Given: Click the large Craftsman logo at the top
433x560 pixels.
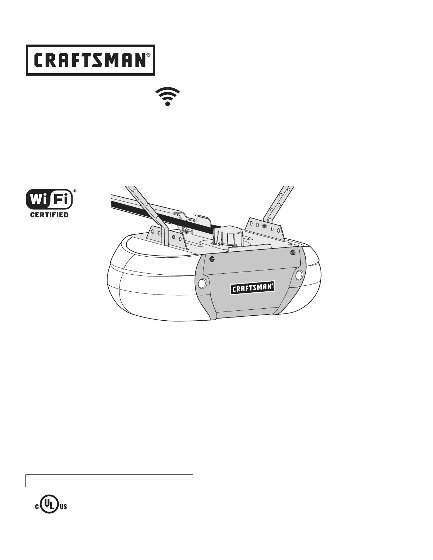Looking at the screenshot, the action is [x=90, y=60].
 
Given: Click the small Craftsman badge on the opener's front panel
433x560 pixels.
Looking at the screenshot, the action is [x=253, y=288].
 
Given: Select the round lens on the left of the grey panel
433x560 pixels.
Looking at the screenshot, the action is [x=203, y=283].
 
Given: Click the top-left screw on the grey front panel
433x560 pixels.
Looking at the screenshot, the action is [x=212, y=259].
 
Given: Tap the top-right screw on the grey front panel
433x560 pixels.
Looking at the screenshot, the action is [x=293, y=252].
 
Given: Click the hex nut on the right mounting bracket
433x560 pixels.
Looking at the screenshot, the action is [x=264, y=226].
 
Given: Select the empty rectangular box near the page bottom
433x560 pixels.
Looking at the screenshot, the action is [x=109, y=481].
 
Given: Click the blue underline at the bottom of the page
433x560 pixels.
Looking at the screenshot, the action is [x=70, y=558].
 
